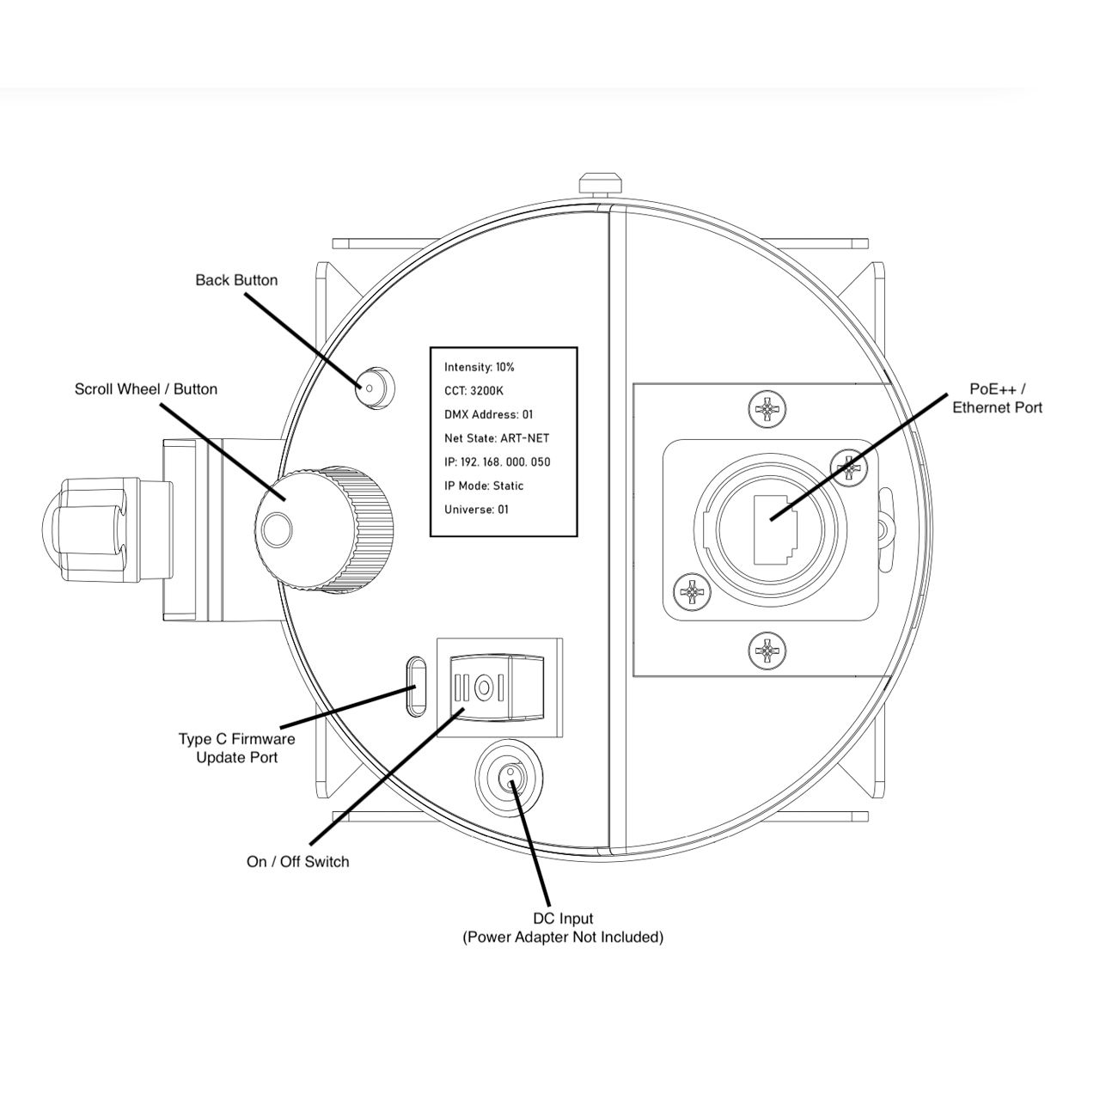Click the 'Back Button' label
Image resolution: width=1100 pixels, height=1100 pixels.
pyautogui.click(x=236, y=280)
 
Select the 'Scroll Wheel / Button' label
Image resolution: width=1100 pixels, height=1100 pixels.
pyautogui.click(x=146, y=389)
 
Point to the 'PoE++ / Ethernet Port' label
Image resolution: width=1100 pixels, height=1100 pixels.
pyautogui.click(x=997, y=399)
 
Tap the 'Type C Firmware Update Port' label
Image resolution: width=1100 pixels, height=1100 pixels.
pyautogui.click(x=236, y=748)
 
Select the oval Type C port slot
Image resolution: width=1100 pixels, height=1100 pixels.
pyautogui.click(x=416, y=686)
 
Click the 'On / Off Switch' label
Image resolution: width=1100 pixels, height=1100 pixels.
pyautogui.click(x=297, y=861)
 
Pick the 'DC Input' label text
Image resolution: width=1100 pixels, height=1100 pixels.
pyautogui.click(x=563, y=919)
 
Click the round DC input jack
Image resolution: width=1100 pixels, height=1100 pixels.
pyautogui.click(x=510, y=779)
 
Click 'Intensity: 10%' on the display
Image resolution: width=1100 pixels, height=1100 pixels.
pyautogui.click(x=479, y=367)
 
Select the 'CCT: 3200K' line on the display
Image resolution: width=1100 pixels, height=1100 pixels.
pyautogui.click(x=474, y=390)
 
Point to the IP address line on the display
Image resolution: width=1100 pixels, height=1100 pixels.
pyautogui.click(x=497, y=461)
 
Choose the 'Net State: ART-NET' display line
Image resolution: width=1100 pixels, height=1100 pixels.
pyautogui.click(x=496, y=437)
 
